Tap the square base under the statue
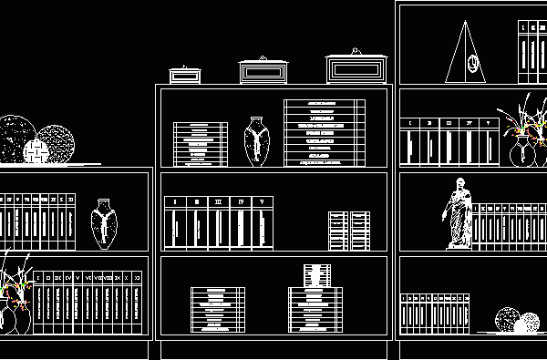click(459, 245)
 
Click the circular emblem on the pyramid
click(473, 63)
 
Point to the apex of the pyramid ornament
click(466, 24)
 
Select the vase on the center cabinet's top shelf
click(257, 141)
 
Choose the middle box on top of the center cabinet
click(263, 71)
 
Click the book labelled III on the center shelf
click(219, 224)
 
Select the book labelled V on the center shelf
click(263, 224)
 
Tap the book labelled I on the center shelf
click(175, 224)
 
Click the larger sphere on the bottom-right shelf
click(507, 319)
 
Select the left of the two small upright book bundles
click(338, 231)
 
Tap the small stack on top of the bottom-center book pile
click(316, 275)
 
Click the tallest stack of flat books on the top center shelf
click(325, 133)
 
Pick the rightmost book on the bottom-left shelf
click(137, 303)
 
